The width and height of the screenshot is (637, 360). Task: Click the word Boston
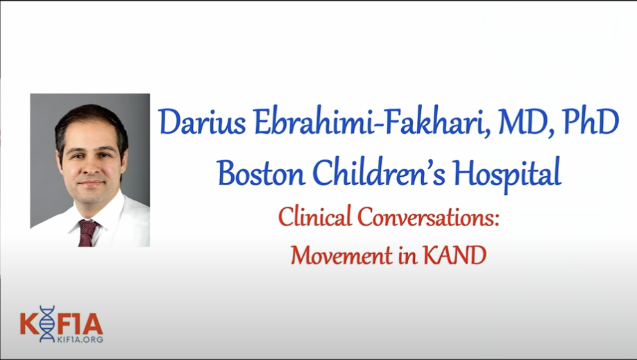(260, 172)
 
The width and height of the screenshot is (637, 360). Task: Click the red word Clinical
(314, 216)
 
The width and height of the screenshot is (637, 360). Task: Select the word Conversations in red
(427, 216)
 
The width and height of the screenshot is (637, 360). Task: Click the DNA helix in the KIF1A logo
(46, 323)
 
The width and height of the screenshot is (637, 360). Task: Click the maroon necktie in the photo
(87, 233)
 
